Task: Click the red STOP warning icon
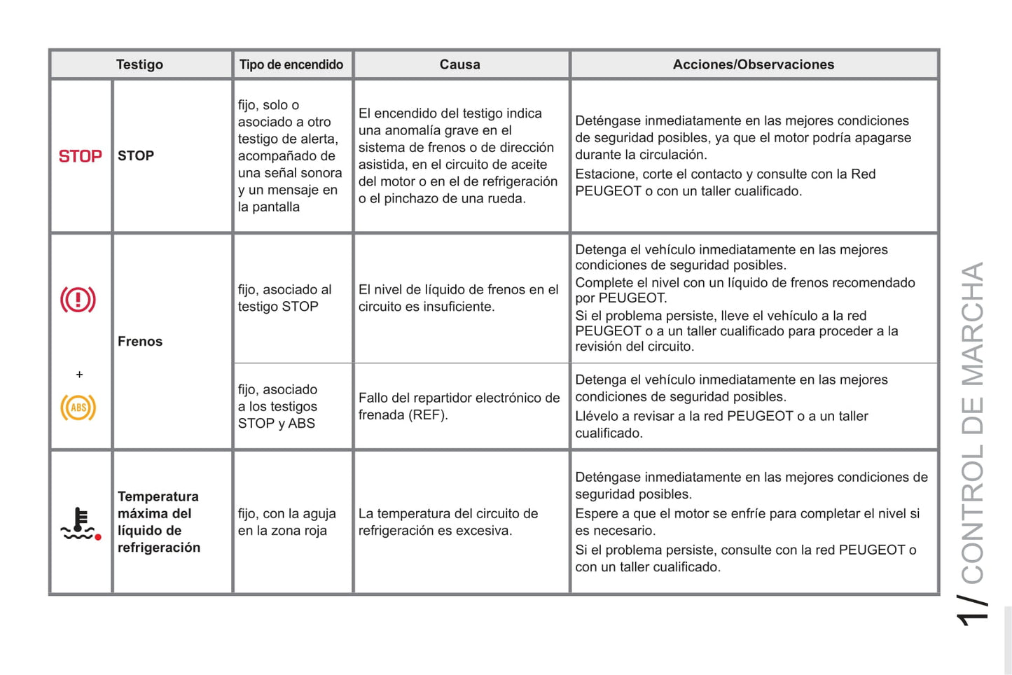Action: pyautogui.click(x=80, y=156)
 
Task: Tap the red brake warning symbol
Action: pyautogui.click(x=78, y=300)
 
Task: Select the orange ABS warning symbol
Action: pyautogui.click(x=78, y=408)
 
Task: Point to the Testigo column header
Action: pyautogui.click(x=139, y=64)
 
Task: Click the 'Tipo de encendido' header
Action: pyautogui.click(x=291, y=64)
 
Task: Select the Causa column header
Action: pyautogui.click(x=459, y=64)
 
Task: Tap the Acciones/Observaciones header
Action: pyautogui.click(x=753, y=64)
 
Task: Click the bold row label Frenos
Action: pyautogui.click(x=140, y=342)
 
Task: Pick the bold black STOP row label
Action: pyautogui.click(x=136, y=156)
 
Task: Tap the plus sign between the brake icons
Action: pyautogui.click(x=79, y=375)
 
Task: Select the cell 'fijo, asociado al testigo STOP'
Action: pyautogui.click(x=284, y=298)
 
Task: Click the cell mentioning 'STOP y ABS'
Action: pyautogui.click(x=277, y=407)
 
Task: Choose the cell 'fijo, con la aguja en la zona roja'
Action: pyautogui.click(x=286, y=522)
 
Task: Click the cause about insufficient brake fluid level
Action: pyautogui.click(x=458, y=298)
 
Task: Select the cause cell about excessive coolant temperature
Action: pyautogui.click(x=448, y=522)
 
